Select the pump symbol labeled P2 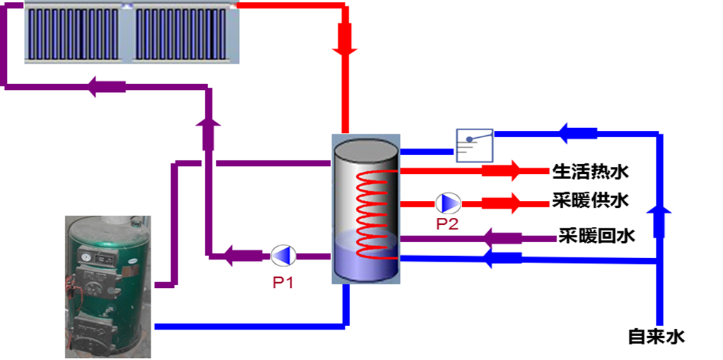(x=447, y=203)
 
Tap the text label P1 (x=283, y=281)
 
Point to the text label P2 (x=447, y=224)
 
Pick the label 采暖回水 (x=596, y=236)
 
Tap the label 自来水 (x=657, y=337)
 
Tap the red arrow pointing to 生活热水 (x=502, y=170)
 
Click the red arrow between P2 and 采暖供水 (x=502, y=203)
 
